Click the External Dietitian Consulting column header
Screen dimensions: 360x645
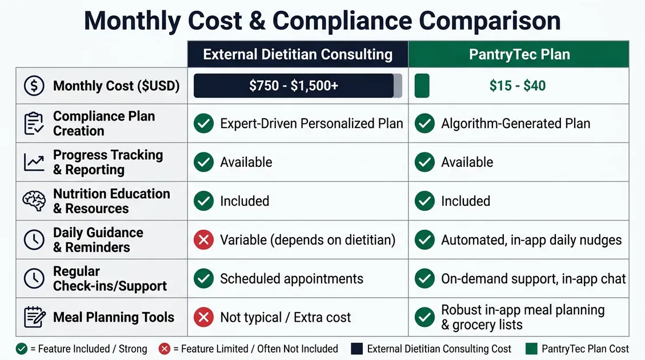(298, 55)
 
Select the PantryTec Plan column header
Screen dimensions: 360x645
(519, 55)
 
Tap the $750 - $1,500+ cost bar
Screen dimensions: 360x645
(294, 86)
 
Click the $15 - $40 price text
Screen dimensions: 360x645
(517, 86)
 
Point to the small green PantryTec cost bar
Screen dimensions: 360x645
(422, 86)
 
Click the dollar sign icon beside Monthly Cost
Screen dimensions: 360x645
(34, 86)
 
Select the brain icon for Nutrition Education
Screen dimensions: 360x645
(34, 201)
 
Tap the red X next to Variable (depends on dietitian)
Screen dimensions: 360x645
(203, 240)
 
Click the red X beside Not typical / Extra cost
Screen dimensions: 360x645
(203, 317)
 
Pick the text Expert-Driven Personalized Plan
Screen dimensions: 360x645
(311, 123)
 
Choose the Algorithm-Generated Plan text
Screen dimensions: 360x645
(515, 123)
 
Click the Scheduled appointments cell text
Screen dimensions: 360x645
(291, 279)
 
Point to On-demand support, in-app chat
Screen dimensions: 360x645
(533, 279)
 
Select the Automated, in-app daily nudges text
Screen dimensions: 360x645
(531, 240)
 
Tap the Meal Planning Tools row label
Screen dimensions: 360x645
(114, 317)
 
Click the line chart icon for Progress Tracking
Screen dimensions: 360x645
(34, 162)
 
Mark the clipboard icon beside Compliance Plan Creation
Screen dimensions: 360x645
(34, 123)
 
